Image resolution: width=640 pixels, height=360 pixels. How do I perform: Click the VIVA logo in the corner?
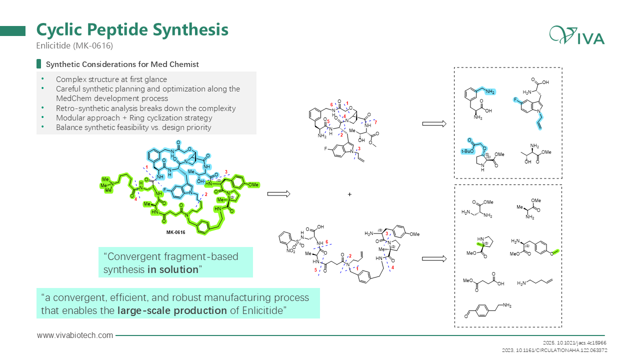click(577, 35)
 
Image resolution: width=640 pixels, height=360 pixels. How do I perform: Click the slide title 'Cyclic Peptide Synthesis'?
click(132, 29)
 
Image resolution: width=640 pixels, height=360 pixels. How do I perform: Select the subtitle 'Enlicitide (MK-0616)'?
click(74, 45)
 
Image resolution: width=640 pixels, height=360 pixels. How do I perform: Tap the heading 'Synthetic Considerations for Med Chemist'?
click(122, 64)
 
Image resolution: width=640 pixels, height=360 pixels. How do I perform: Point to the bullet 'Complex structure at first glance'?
click(111, 79)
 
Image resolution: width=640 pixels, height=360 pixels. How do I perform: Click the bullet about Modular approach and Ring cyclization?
click(134, 118)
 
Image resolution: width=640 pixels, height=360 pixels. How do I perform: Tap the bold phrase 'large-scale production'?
click(172, 310)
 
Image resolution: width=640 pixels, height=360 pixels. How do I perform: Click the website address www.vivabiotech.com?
click(75, 335)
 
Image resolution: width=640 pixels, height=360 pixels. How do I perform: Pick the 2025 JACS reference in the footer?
click(574, 343)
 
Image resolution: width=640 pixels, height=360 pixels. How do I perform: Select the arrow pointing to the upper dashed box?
click(433, 123)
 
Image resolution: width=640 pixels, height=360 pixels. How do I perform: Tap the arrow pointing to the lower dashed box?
click(433, 258)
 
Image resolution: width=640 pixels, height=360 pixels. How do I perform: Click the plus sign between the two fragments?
click(349, 194)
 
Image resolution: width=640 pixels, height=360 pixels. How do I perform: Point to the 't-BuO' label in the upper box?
click(466, 150)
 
